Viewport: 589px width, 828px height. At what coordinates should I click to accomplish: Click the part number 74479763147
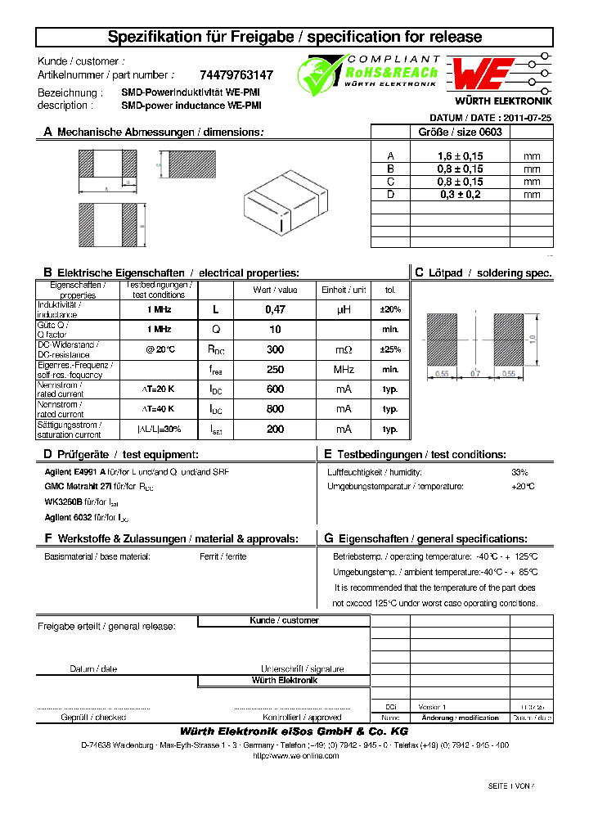click(236, 74)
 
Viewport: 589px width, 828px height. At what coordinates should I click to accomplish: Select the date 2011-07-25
click(527, 118)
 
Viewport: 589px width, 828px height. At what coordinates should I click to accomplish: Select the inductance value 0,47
click(275, 309)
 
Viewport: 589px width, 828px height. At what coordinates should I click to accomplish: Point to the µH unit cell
click(344, 309)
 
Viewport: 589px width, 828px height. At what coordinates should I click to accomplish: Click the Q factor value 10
click(275, 329)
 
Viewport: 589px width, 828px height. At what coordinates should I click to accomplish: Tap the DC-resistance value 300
click(275, 349)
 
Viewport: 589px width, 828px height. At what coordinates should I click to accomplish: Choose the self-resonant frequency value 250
click(275, 369)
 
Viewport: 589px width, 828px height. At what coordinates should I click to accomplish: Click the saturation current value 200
click(275, 429)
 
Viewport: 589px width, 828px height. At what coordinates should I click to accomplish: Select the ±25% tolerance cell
click(390, 349)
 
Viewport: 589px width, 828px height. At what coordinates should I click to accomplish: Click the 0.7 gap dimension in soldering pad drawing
click(475, 373)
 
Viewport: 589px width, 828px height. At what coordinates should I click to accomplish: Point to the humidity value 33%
click(519, 472)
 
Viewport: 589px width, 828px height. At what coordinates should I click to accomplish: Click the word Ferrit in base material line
click(209, 556)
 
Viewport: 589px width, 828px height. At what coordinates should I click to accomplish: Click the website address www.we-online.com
click(294, 755)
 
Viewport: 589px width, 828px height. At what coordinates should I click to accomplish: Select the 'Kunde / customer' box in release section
click(284, 621)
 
